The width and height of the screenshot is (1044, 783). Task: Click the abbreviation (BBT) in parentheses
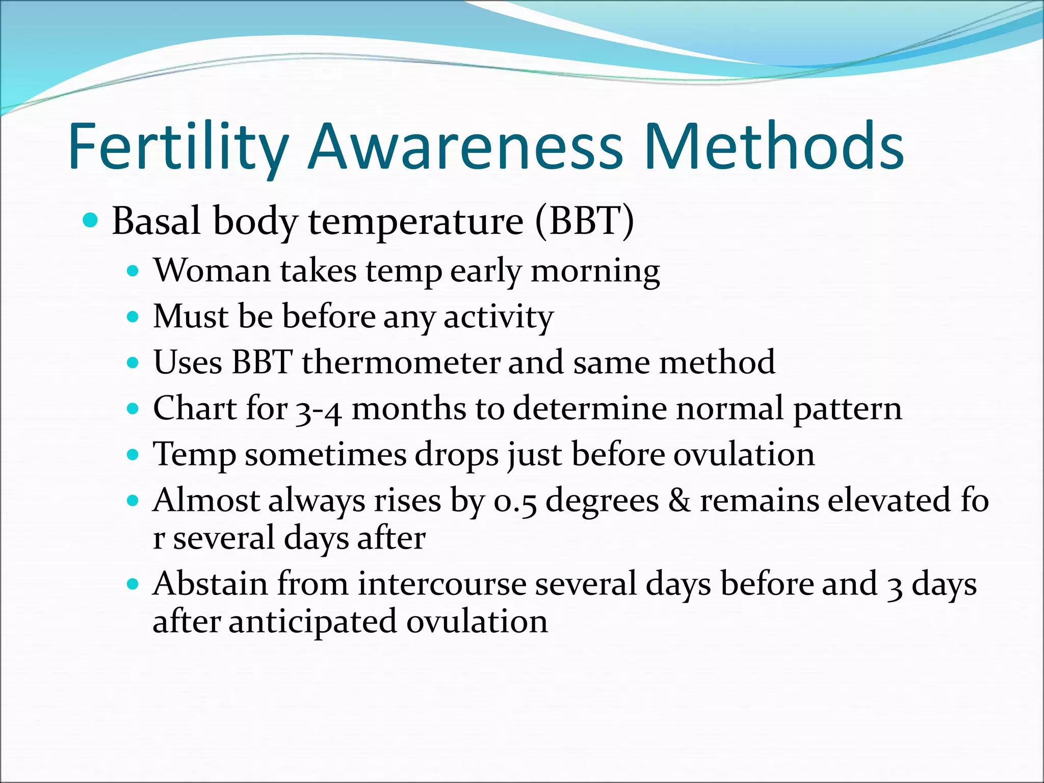[x=585, y=221]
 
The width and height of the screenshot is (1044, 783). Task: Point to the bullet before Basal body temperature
[x=90, y=221]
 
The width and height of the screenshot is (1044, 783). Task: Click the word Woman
[x=212, y=270]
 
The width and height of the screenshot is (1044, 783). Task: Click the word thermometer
[x=401, y=362]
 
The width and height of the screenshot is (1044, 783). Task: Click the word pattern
[x=847, y=409]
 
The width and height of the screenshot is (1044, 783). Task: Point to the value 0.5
[x=515, y=501]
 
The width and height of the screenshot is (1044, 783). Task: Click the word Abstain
[x=210, y=584]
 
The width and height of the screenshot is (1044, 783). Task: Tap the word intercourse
[x=441, y=584]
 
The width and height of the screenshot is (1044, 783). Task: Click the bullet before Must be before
[x=133, y=317]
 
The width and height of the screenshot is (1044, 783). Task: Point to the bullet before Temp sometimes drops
[x=133, y=454]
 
